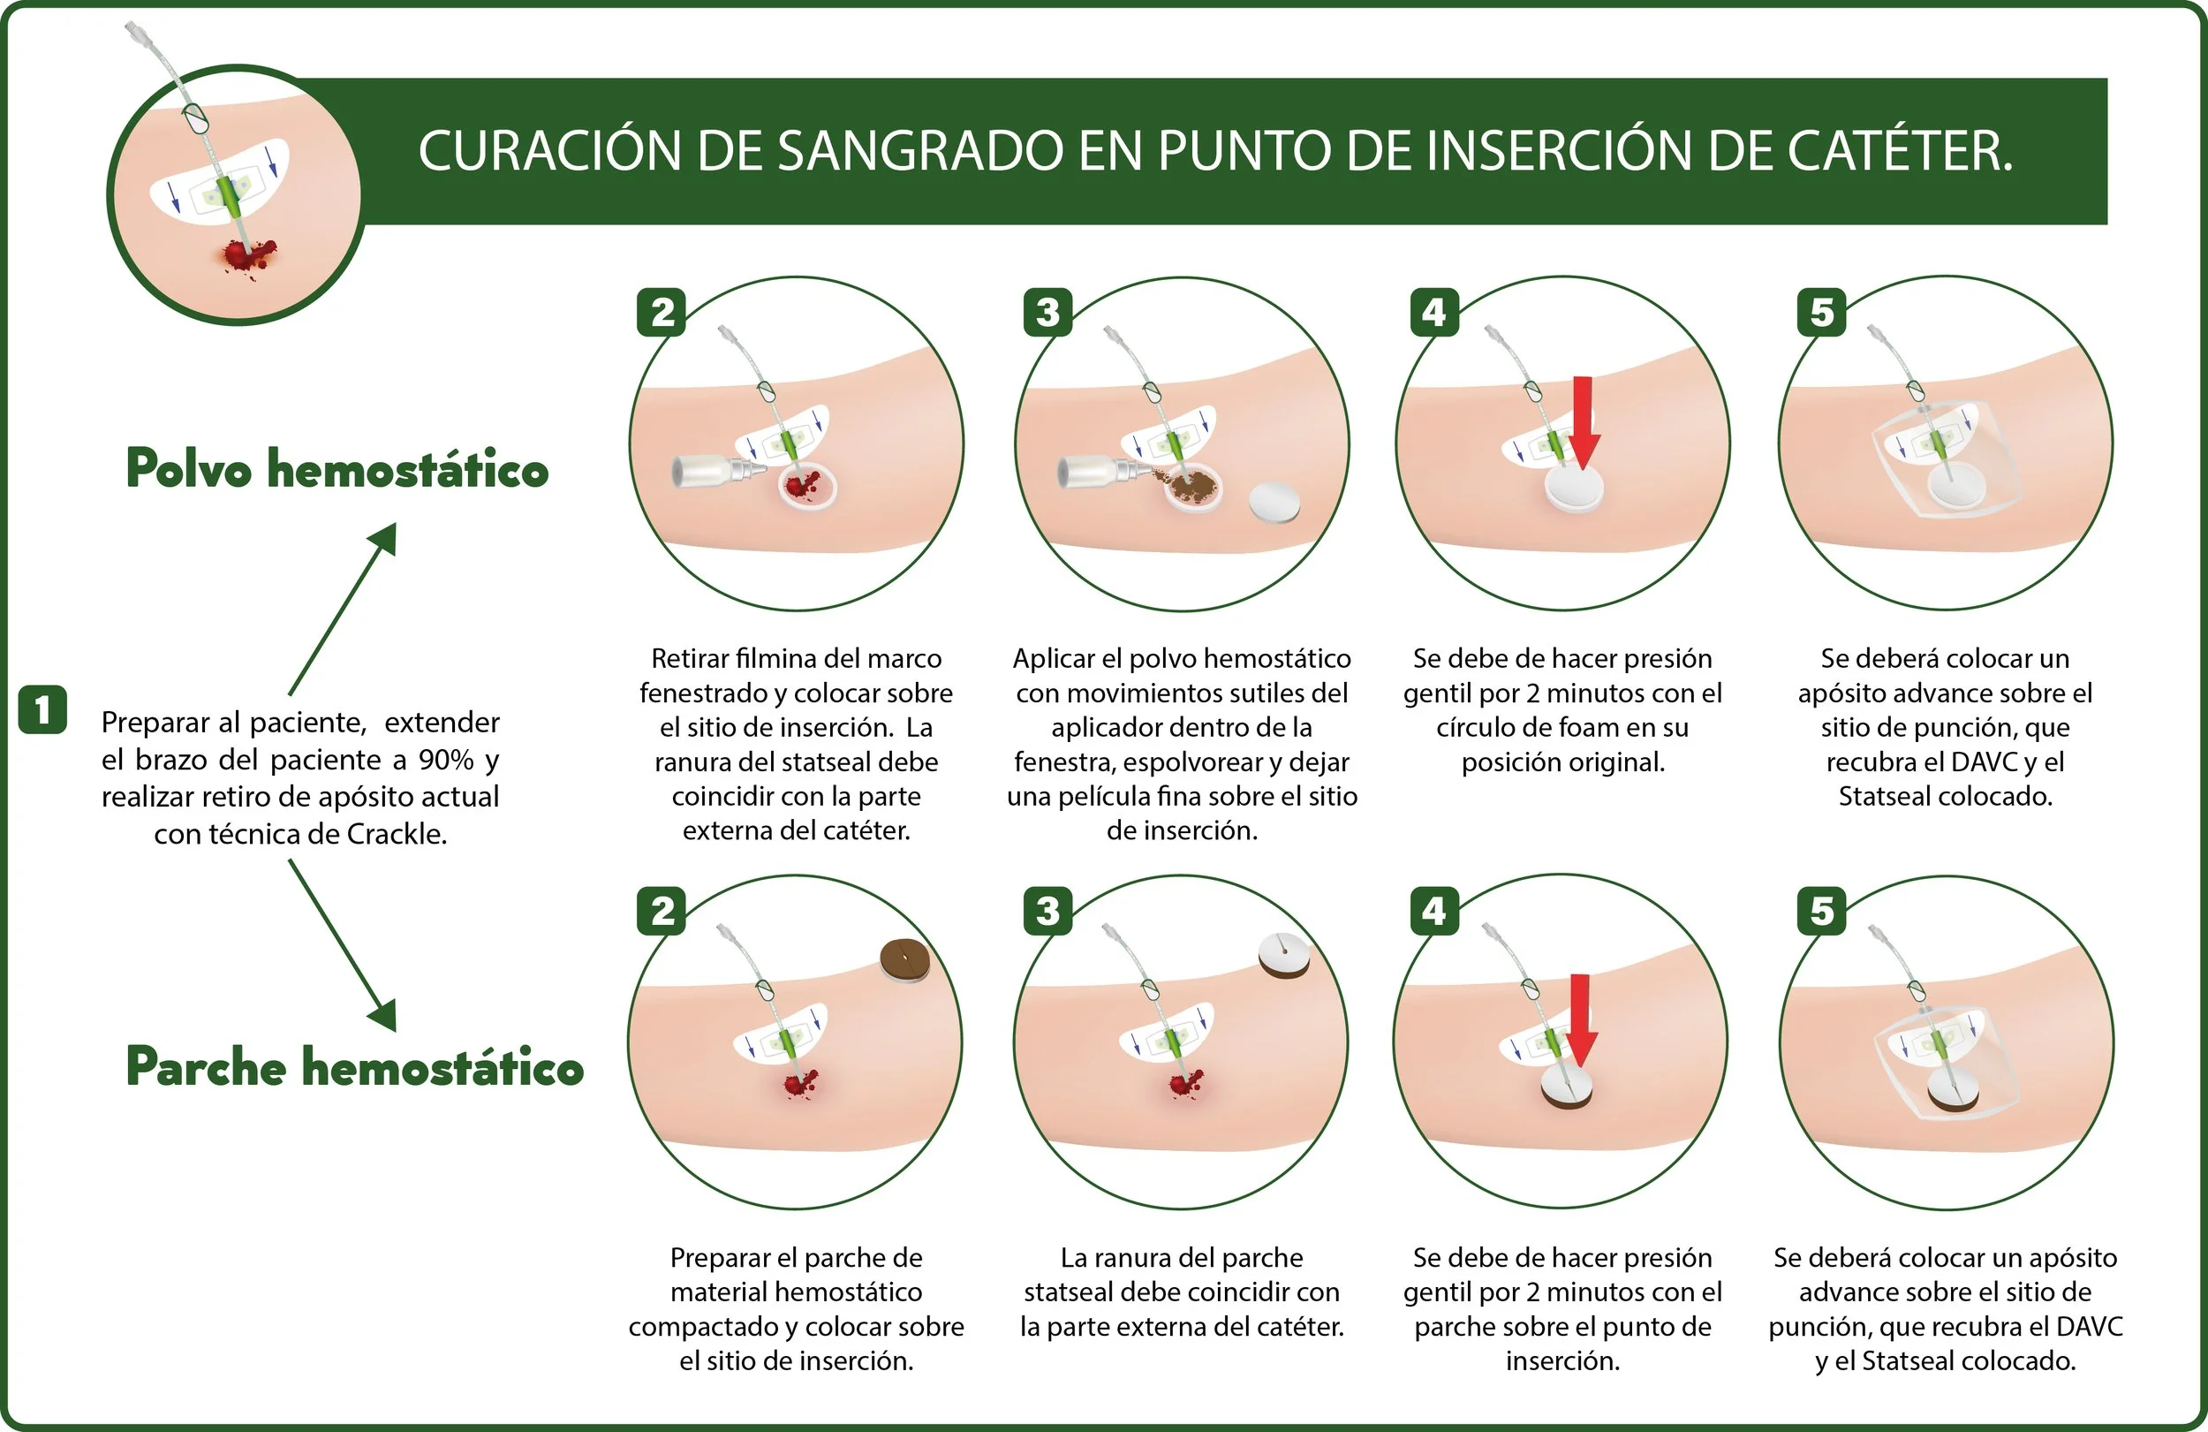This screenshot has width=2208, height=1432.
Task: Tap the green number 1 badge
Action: click(42, 710)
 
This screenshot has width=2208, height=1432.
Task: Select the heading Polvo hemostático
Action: click(337, 469)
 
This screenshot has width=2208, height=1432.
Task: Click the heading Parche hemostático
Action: click(355, 1066)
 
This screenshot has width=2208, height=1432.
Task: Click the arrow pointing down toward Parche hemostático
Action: click(343, 944)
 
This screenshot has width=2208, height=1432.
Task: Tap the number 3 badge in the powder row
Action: click(1047, 313)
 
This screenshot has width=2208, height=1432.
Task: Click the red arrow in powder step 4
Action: click(1583, 422)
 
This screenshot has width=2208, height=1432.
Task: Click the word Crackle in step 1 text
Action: click(397, 834)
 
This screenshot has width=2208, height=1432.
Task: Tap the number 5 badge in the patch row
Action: click(1822, 912)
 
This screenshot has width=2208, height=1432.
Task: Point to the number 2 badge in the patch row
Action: click(662, 912)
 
